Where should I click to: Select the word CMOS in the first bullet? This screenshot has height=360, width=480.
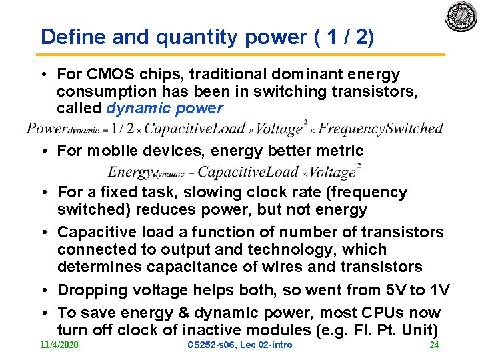point(106,73)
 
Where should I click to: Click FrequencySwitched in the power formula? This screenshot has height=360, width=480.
point(381,128)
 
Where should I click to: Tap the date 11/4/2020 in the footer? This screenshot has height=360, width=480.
point(59,345)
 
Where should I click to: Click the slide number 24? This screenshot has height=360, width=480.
point(434,345)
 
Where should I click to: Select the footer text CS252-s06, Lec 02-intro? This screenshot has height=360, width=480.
point(240,345)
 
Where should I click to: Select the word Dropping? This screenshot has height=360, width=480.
point(88,290)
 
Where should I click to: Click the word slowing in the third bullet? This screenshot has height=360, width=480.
point(222,192)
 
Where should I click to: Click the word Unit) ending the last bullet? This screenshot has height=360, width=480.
point(419,329)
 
